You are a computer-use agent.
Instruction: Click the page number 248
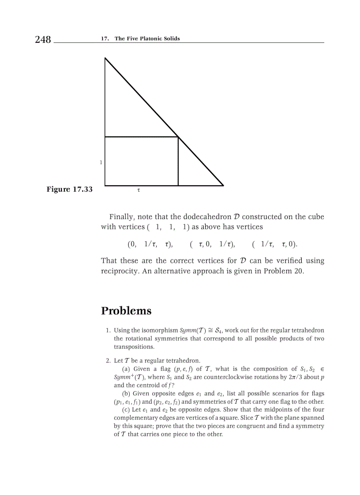click(x=43, y=40)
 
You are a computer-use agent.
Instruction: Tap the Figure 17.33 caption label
click(x=70, y=190)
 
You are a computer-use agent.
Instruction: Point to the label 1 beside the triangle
click(x=101, y=162)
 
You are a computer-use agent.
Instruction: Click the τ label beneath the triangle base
click(x=139, y=191)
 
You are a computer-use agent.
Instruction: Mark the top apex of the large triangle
click(x=105, y=58)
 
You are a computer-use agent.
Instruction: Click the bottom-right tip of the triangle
click(x=223, y=186)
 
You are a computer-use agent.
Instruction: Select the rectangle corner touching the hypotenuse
click(x=178, y=137)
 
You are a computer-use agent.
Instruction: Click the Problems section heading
click(x=126, y=311)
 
